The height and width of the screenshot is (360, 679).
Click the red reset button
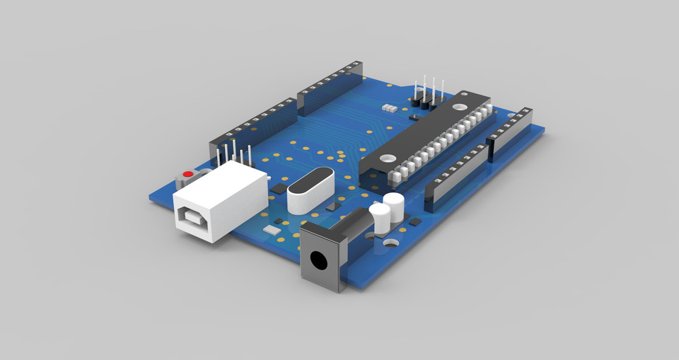coord(187,174)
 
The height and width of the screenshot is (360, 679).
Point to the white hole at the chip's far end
coord(460,108)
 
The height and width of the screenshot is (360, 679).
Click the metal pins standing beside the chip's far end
coord(427,93)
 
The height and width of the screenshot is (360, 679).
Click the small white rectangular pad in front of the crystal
coord(272,230)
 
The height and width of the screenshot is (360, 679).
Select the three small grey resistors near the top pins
coord(388,109)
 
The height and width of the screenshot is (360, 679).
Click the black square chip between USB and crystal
coord(279,190)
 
